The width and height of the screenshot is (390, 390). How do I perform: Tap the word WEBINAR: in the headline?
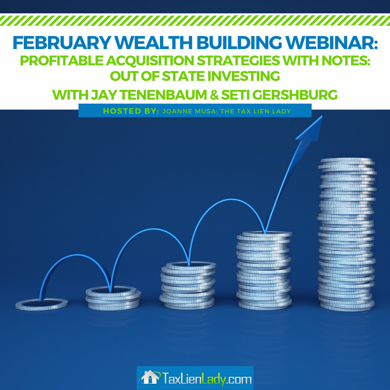pos(331,43)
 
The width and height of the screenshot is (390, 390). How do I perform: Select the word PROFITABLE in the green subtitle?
pos(62,60)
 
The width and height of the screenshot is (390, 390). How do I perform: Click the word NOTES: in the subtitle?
pos(346,60)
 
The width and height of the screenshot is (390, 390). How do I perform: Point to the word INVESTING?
pos(243,76)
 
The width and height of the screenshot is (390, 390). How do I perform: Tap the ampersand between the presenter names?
pos(214,95)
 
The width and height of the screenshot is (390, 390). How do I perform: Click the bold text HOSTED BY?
pos(131,111)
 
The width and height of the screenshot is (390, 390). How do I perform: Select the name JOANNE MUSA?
pos(190,111)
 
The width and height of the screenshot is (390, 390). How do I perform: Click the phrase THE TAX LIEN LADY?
pos(256,111)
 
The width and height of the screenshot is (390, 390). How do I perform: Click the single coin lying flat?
pos(42,304)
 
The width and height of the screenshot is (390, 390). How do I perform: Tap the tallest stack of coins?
pos(347,234)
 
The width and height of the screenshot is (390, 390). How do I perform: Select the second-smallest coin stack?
pos(113,298)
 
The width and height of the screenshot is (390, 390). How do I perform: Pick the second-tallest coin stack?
pos(264,270)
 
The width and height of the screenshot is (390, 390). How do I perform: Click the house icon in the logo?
pos(149,377)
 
